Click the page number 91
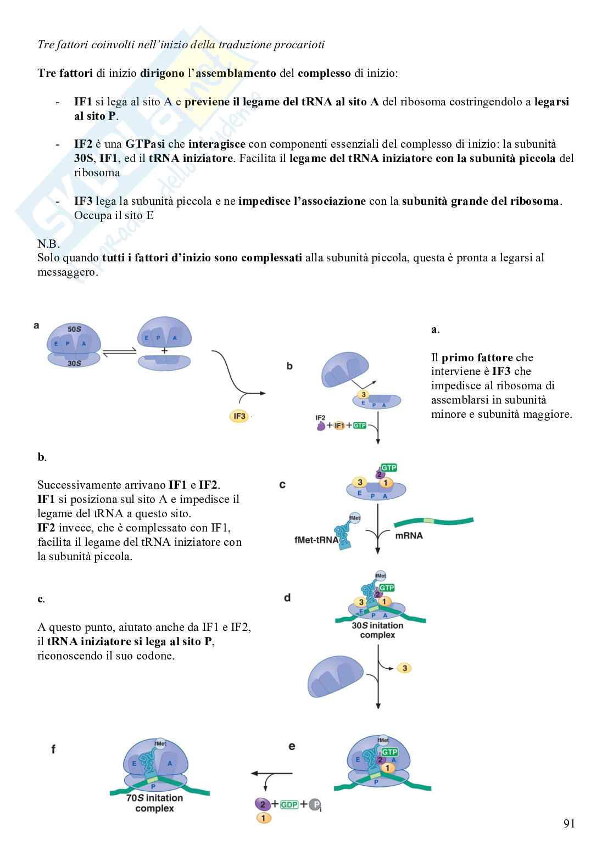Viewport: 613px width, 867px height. point(569,824)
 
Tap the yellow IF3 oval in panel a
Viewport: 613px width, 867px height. point(239,416)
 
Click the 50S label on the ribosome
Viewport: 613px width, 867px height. point(75,329)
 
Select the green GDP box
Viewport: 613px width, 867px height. point(289,804)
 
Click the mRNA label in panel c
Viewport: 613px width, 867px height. point(409,535)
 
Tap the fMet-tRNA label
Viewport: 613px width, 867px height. point(316,540)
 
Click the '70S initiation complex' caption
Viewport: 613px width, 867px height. point(154,803)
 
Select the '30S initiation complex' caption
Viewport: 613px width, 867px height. point(377,630)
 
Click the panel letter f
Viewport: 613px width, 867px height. point(53,748)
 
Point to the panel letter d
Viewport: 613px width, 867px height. point(287,597)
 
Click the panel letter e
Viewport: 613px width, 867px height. point(292,746)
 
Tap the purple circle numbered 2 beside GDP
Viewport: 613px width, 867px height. point(263,804)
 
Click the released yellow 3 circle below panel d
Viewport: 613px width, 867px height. point(405,668)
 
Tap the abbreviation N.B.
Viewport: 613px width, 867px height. point(49,243)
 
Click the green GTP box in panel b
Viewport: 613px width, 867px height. point(360,426)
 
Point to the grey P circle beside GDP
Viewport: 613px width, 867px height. point(315,805)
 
